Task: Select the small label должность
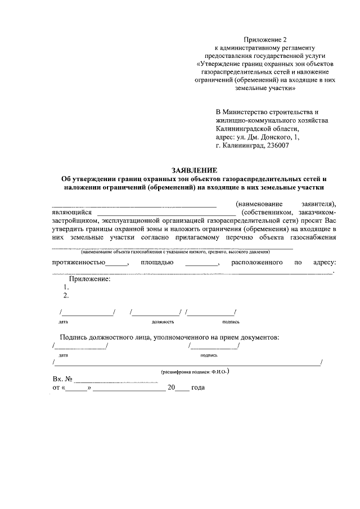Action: (163, 322)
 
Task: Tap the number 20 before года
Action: (172, 388)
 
